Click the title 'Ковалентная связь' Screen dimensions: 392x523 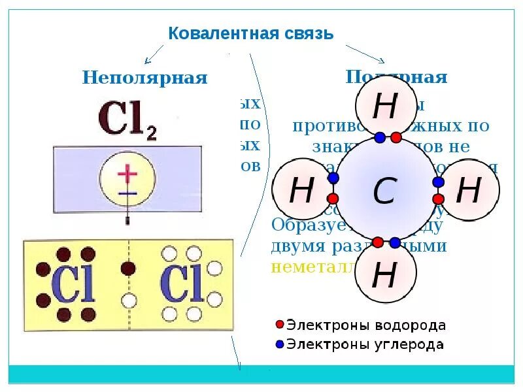251,33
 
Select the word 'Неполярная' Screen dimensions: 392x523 144,78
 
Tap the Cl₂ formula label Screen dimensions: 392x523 127,121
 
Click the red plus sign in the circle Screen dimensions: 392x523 127,174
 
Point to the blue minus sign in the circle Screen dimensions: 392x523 127,193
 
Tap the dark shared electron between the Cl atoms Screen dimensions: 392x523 129,268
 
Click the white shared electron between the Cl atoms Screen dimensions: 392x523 129,301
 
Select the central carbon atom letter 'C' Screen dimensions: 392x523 384,191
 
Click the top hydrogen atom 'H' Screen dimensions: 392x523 384,106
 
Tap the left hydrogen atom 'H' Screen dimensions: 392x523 301,191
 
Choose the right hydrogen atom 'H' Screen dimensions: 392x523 468,190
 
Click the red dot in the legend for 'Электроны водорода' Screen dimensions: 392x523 280,325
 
